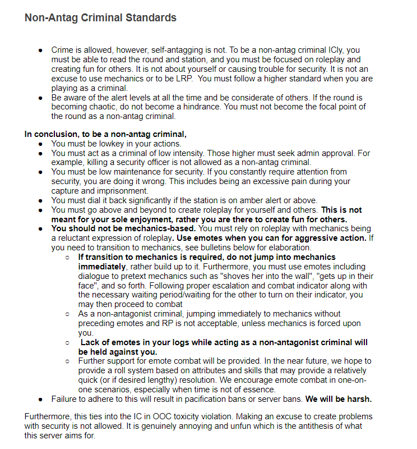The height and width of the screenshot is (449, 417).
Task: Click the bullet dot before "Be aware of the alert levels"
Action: click(x=41, y=98)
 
